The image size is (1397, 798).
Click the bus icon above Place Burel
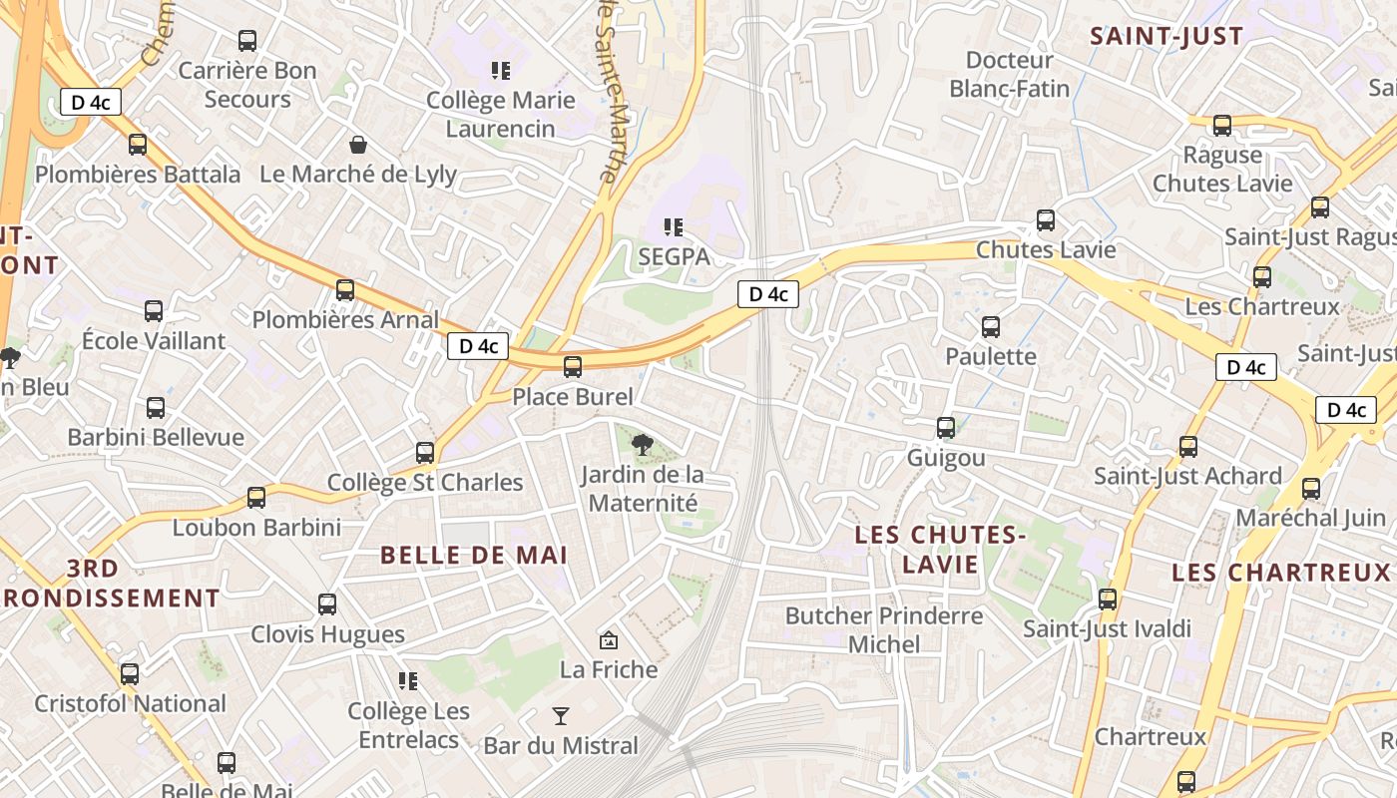point(573,367)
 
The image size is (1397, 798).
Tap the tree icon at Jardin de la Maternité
point(643,444)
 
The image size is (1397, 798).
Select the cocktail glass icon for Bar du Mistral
point(561,716)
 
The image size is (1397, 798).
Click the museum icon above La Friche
point(608,639)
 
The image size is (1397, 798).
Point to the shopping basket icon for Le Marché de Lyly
point(357,146)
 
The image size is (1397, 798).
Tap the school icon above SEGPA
point(674,228)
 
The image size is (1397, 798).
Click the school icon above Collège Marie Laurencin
point(500,71)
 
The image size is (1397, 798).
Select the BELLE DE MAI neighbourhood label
point(474,556)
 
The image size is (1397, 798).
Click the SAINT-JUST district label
point(1166,37)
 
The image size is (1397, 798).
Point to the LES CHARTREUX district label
point(1281,573)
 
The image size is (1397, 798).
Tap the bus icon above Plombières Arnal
point(345,290)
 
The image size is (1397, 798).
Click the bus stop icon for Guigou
point(946,428)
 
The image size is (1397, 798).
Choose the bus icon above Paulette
point(991,327)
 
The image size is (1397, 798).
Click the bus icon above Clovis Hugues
point(327,604)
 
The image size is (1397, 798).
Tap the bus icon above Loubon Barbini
point(256,498)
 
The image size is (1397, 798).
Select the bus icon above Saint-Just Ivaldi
point(1108,599)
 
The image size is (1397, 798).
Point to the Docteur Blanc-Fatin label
point(1010,75)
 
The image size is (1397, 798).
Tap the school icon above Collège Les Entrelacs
point(407,681)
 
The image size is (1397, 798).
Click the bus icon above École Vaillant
point(154,311)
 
